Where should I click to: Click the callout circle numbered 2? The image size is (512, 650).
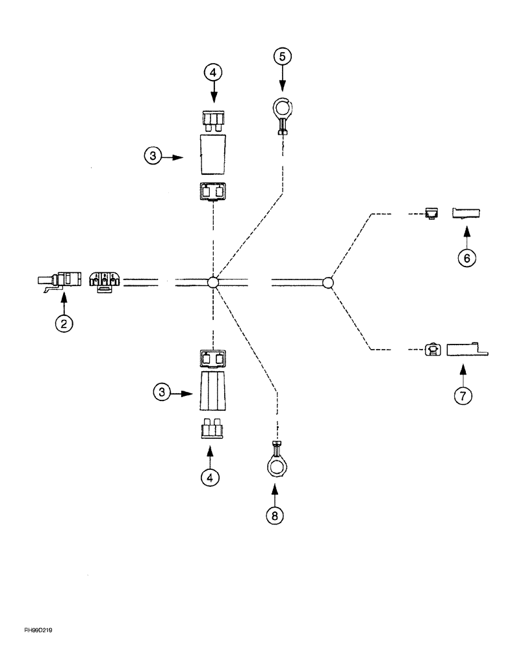pyautogui.click(x=63, y=323)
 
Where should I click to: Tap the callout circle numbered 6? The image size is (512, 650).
pyautogui.click(x=465, y=257)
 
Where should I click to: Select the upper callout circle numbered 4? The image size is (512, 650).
pyautogui.click(x=212, y=72)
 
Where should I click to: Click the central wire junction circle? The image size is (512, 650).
pyautogui.click(x=212, y=282)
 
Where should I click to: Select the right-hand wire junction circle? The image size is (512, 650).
pyautogui.click(x=328, y=282)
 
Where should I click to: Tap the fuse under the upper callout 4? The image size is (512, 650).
pyautogui.click(x=212, y=120)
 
